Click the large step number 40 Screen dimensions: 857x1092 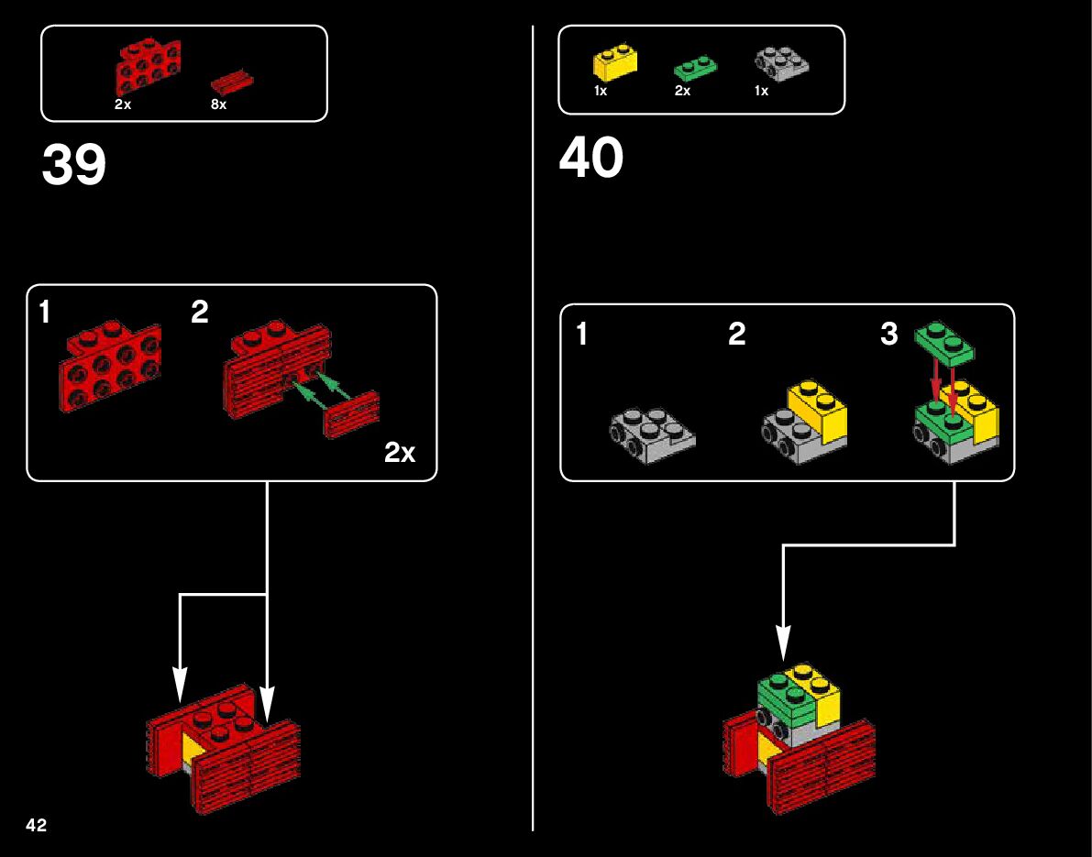tap(591, 158)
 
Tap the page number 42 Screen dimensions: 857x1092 tap(37, 825)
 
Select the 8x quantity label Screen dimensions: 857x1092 tap(218, 104)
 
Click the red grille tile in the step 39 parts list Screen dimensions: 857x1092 tap(232, 80)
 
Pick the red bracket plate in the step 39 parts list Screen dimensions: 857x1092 tap(147, 66)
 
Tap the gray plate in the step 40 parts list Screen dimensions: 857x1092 tap(782, 61)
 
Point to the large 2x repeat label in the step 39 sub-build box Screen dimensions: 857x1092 tap(400, 452)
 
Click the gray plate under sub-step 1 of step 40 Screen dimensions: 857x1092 tap(652, 434)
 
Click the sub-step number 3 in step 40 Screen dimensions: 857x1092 tap(888, 335)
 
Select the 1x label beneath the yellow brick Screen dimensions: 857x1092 tap(601, 92)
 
